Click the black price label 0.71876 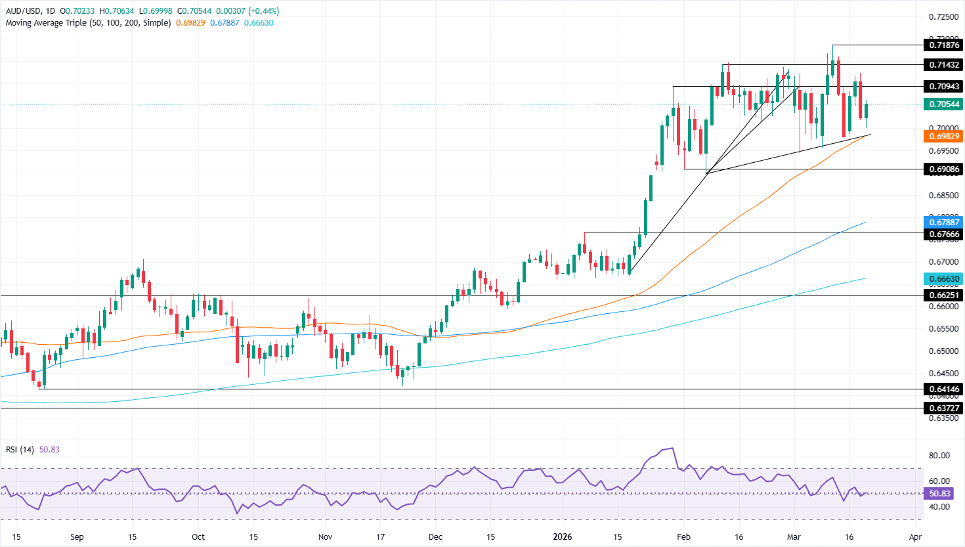(943, 45)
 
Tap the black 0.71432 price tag (943, 64)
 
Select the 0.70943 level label (943, 86)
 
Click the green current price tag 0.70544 (943, 104)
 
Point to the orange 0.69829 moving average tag (943, 136)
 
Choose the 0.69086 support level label (943, 169)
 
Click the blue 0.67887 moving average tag (943, 222)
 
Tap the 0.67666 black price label (943, 234)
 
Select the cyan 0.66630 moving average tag (943, 278)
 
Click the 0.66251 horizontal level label (943, 295)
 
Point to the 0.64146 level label (943, 389)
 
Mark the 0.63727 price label (943, 408)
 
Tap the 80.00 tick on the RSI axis (939, 455)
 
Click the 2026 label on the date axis (563, 536)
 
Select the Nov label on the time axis (325, 536)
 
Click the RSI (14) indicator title (20, 449)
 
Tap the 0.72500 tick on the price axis (943, 16)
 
